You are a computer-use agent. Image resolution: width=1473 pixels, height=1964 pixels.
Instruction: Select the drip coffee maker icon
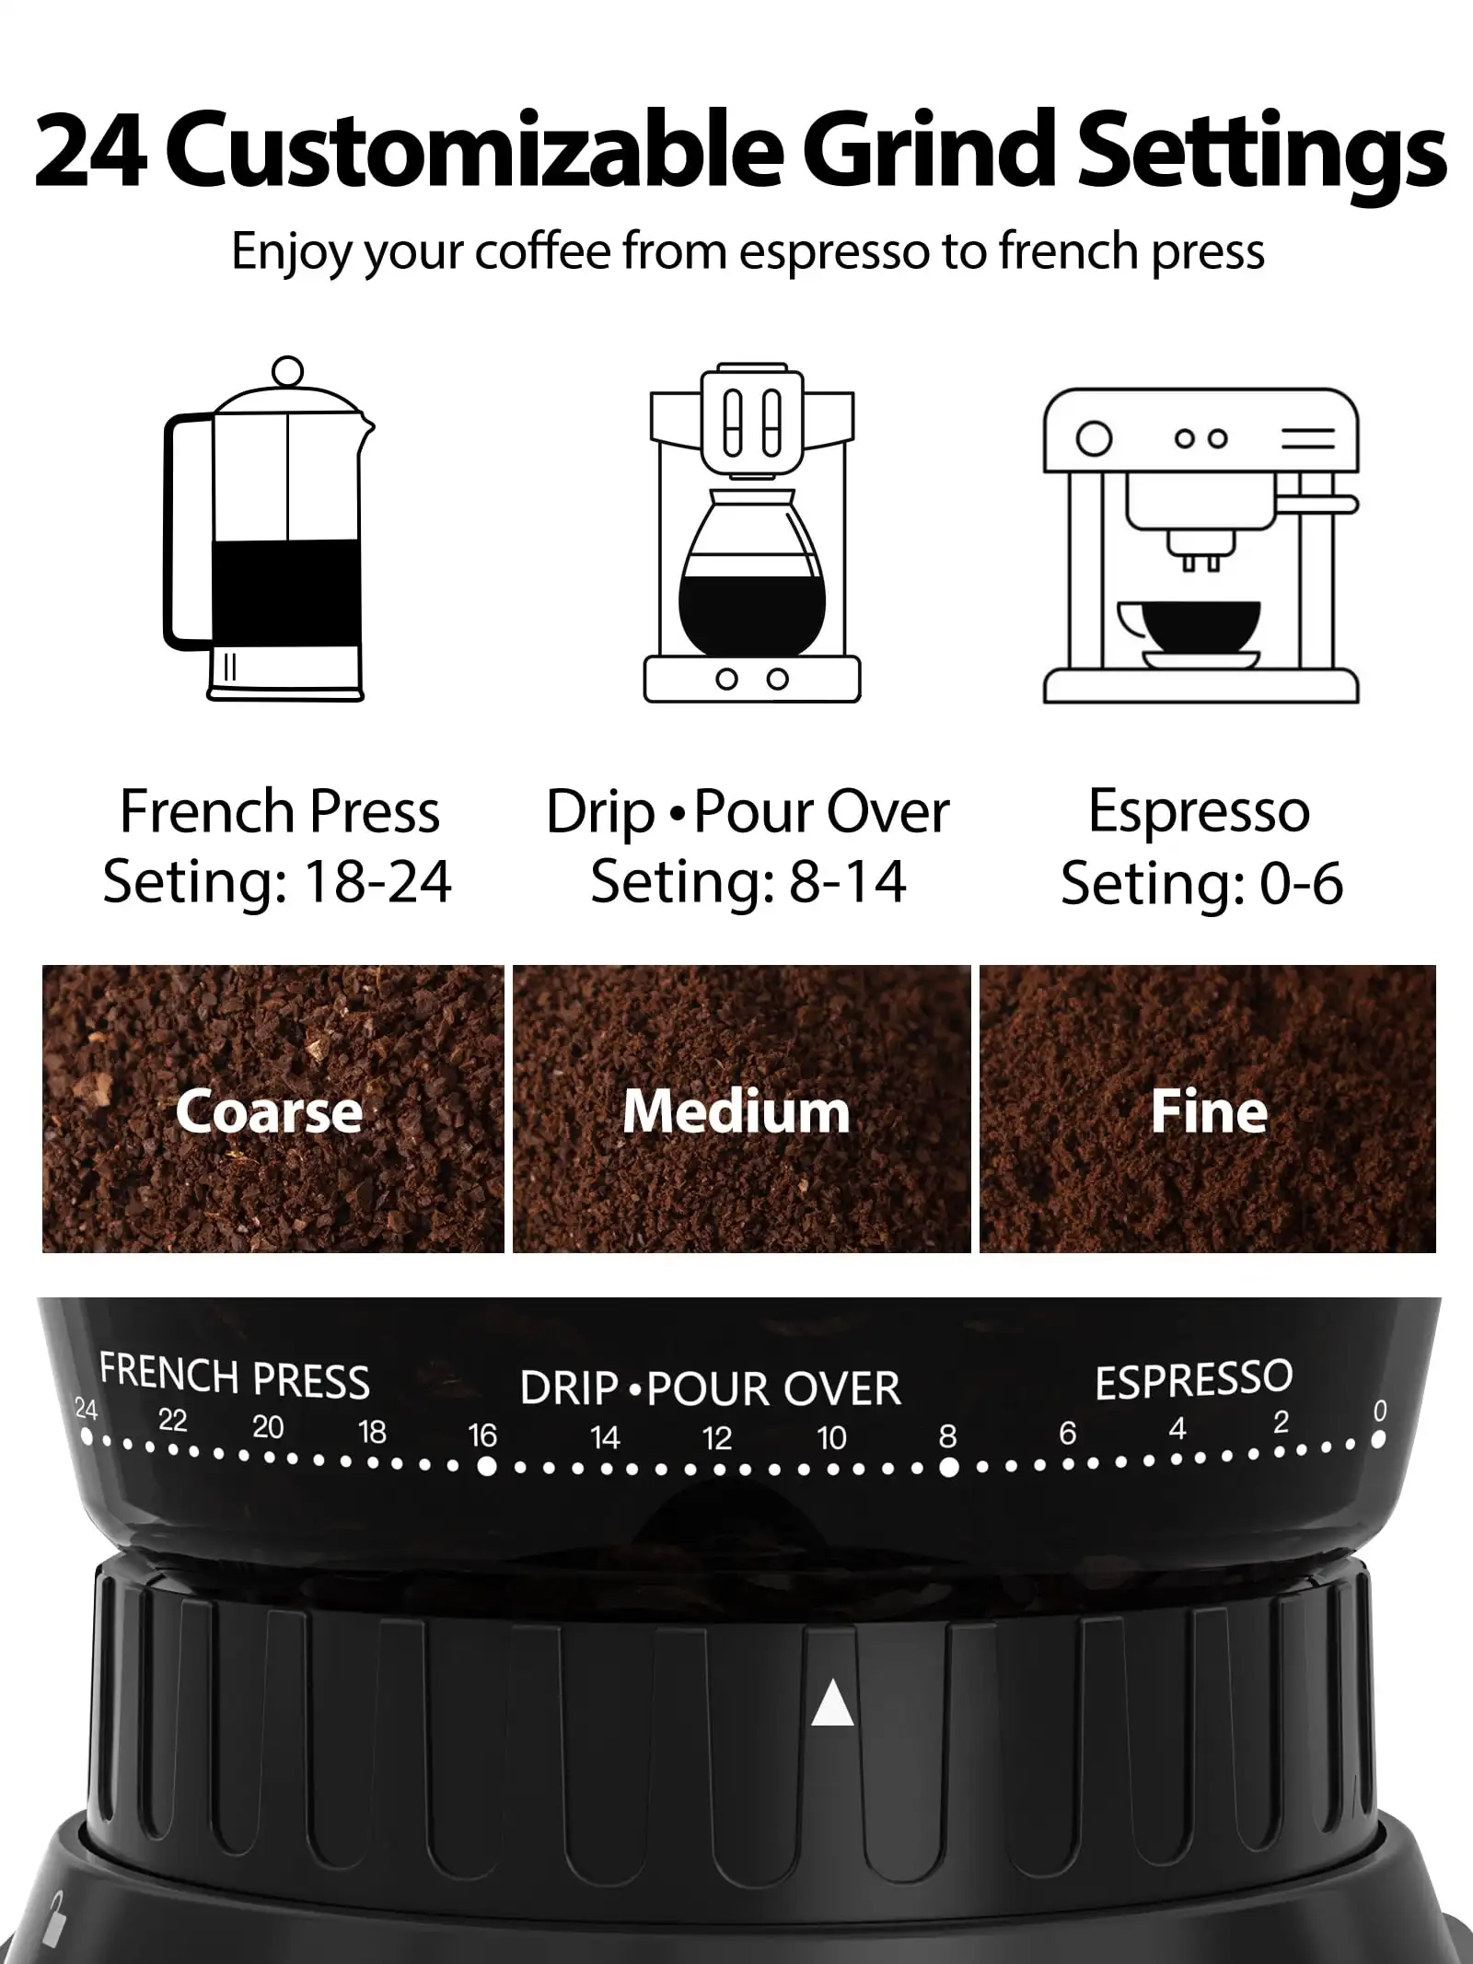coord(751,534)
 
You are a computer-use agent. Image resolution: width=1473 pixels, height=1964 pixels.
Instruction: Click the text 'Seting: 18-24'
coord(277,881)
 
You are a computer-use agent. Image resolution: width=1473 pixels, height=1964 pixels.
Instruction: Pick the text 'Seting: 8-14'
coord(748,881)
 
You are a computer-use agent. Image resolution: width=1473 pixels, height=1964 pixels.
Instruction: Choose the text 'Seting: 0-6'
coord(1201,883)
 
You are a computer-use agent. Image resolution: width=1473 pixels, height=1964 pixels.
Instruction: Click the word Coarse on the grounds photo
coord(269,1111)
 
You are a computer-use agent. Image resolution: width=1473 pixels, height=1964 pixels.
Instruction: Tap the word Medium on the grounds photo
coord(736,1111)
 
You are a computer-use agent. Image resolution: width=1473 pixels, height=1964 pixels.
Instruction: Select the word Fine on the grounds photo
coord(1209,1111)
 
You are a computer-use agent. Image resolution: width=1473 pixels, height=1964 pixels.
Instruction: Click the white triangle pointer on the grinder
coord(832,1702)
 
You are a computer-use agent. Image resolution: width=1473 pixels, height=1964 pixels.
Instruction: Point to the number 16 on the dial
coord(482,1435)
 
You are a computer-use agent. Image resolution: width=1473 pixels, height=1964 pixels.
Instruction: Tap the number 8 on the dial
coord(947,1435)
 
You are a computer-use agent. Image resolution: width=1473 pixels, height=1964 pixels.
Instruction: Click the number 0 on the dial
coord(1379,1411)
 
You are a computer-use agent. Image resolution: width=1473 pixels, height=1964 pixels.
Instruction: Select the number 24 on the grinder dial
coord(86,1409)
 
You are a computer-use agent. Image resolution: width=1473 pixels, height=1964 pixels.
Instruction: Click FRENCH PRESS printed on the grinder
coord(235,1377)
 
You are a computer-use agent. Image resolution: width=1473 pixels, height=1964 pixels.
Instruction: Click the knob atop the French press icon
coord(288,370)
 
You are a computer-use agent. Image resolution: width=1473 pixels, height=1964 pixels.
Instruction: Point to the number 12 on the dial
coord(717,1438)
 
